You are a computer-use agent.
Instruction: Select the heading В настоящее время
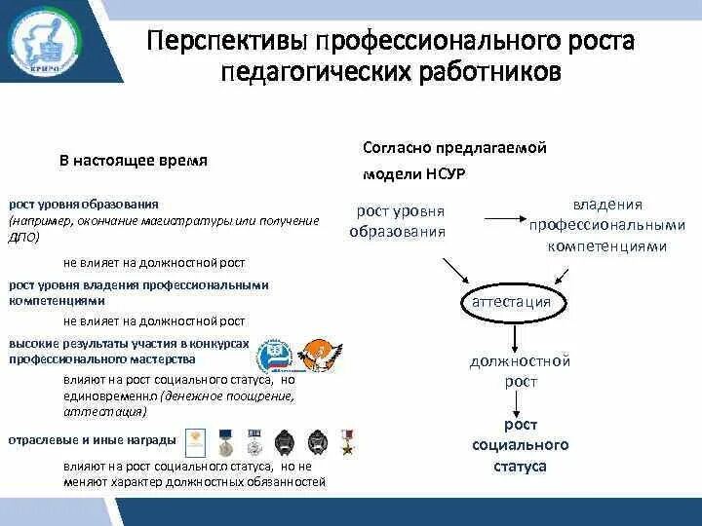(x=133, y=161)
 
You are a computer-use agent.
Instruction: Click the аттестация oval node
(x=511, y=302)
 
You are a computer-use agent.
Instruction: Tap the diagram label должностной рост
(x=519, y=371)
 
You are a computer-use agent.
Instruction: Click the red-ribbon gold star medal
(x=345, y=442)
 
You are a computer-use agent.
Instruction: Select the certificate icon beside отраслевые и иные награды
(x=196, y=441)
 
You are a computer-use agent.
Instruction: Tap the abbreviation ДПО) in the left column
(x=22, y=237)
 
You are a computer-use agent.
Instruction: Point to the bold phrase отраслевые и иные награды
(x=93, y=440)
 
